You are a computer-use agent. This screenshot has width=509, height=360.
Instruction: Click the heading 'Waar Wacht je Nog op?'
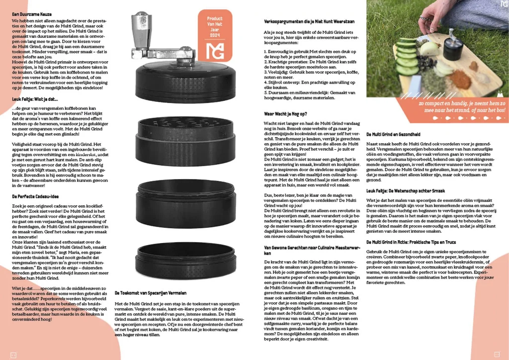coord(286,114)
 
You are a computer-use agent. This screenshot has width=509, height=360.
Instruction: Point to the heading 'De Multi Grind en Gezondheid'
coord(393,134)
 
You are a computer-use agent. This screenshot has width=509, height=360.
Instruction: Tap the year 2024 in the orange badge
coord(215,35)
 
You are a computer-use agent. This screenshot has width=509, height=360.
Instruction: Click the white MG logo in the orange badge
coord(215,50)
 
